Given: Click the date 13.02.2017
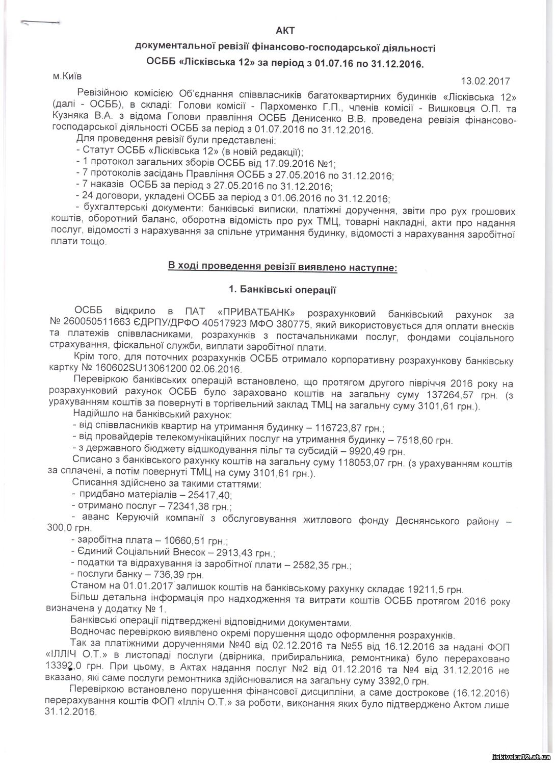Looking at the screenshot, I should pos(485,81).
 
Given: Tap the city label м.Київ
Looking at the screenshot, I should pos(67,76).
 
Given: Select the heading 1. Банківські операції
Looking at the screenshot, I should pos(282,290).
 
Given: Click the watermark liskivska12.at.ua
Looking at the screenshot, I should pos(519,757).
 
